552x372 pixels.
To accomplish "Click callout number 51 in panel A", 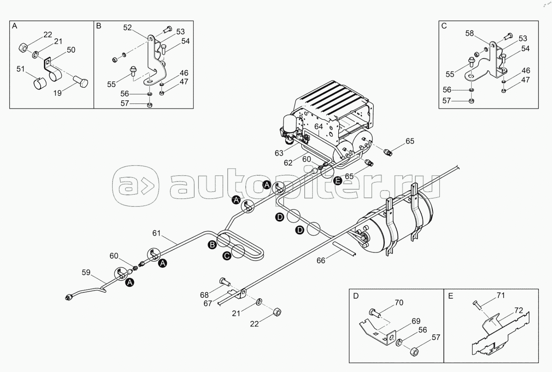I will pyautogui.click(x=20, y=69).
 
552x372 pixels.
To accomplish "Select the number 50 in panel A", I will pyautogui.click(x=71, y=50).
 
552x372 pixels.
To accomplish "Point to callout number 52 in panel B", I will pyautogui.click(x=128, y=28).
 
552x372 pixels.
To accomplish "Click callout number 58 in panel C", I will pyautogui.click(x=470, y=34).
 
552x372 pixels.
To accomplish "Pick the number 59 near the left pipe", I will pyautogui.click(x=86, y=272).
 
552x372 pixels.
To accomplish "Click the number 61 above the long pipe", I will pyautogui.click(x=157, y=233).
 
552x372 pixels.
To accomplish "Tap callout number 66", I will pyautogui.click(x=321, y=260).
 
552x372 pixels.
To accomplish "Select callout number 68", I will pyautogui.click(x=204, y=295).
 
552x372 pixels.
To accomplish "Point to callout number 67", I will pyautogui.click(x=208, y=303).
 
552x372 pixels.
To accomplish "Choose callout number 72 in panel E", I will pyautogui.click(x=518, y=311).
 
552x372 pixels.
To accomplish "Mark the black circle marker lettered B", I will pyautogui.click(x=212, y=245).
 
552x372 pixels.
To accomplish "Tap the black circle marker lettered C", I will pyautogui.click(x=226, y=256).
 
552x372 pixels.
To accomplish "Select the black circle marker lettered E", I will pyautogui.click(x=338, y=180).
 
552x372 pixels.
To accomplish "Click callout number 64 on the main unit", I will pyautogui.click(x=318, y=126).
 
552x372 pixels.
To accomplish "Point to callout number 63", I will pyautogui.click(x=279, y=153).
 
